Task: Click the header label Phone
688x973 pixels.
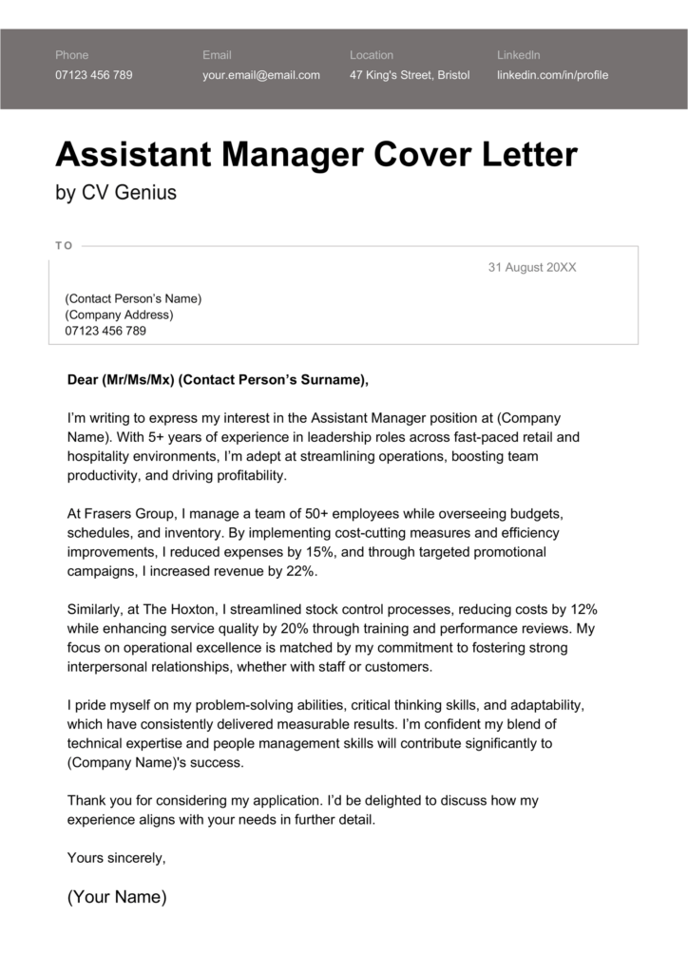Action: (72, 55)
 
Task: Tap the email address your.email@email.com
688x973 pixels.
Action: (260, 75)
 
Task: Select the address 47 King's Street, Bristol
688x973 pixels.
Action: (410, 75)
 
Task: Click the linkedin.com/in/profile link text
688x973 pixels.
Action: (552, 75)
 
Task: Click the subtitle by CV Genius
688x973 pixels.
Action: (116, 193)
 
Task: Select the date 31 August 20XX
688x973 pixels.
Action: (531, 268)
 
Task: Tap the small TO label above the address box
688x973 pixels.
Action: (64, 245)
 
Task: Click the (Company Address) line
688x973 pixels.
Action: (119, 315)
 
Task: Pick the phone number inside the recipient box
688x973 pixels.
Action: (105, 331)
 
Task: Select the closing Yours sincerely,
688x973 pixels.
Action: (117, 858)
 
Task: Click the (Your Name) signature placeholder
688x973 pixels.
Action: (117, 897)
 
